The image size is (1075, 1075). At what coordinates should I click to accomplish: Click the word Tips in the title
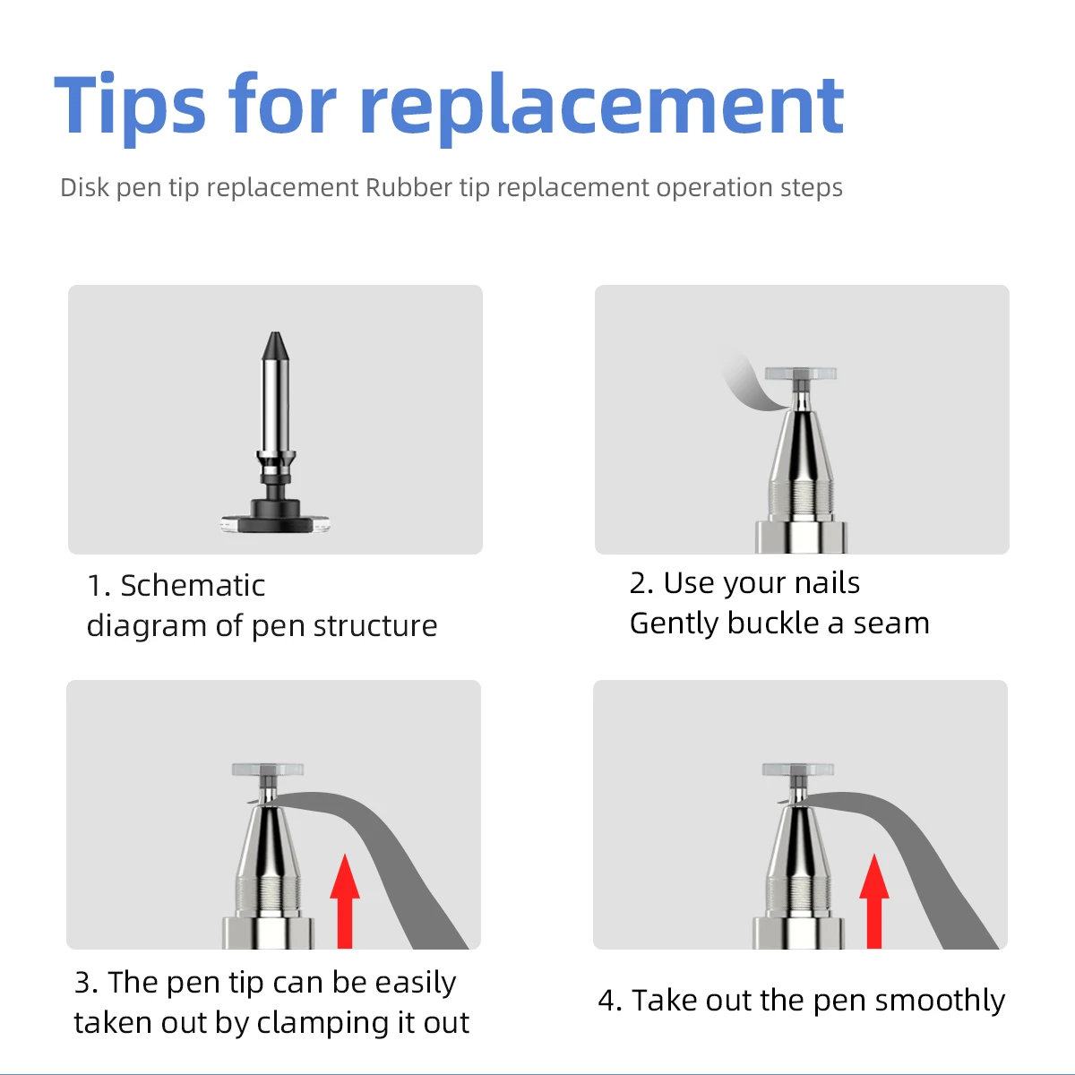coord(130,106)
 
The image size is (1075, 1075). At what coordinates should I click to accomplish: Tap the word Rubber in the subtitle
coord(408,187)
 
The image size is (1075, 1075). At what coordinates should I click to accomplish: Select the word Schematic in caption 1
coord(193,586)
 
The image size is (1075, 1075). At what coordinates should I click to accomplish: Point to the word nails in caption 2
coord(827,583)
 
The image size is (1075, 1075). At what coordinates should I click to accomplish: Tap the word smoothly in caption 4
coord(940,1001)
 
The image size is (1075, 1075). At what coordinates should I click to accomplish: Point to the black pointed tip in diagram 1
coord(275,346)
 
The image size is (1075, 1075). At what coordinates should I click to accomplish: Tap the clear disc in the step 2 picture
coord(801,374)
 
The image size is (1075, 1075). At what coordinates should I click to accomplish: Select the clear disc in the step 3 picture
coord(268,770)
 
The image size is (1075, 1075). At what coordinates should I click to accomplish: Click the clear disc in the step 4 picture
coord(798,770)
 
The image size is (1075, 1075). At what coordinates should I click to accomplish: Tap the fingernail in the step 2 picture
coord(751,385)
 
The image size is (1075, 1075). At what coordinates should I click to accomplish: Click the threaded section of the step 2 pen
coord(801,499)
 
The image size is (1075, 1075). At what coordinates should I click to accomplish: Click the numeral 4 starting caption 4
coord(607,1001)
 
